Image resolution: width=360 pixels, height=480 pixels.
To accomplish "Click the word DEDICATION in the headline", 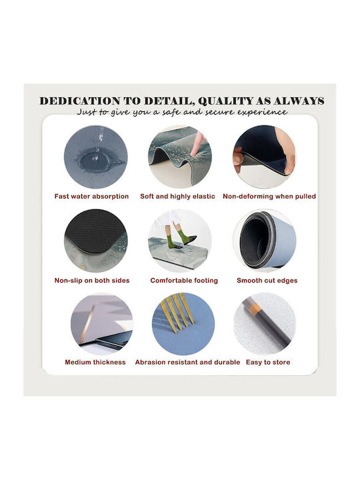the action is [x=80, y=101].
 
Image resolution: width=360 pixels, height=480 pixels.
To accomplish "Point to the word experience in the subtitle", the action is [x=263, y=113].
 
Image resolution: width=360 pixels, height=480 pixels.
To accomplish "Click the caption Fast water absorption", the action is [x=91, y=196].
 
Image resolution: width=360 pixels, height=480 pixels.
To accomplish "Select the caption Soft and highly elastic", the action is [x=177, y=196].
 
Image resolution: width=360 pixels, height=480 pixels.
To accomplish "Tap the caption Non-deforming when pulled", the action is [x=269, y=196].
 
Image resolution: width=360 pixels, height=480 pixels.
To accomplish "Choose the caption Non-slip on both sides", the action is [x=92, y=281].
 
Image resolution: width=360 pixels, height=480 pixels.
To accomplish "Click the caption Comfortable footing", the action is [x=184, y=281].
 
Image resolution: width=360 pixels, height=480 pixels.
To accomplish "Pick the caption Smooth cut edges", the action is [x=267, y=281].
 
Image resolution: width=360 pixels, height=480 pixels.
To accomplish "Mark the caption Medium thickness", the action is [x=95, y=362].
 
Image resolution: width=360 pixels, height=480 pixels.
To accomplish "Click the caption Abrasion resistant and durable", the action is [x=187, y=362].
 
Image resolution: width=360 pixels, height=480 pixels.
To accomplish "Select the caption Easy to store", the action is [x=268, y=362].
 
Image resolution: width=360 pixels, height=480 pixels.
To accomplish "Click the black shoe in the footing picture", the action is [x=188, y=239].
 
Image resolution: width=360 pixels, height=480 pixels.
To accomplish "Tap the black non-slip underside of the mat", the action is [x=94, y=227].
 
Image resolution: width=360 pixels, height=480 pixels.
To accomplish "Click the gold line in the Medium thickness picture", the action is [x=87, y=327].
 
